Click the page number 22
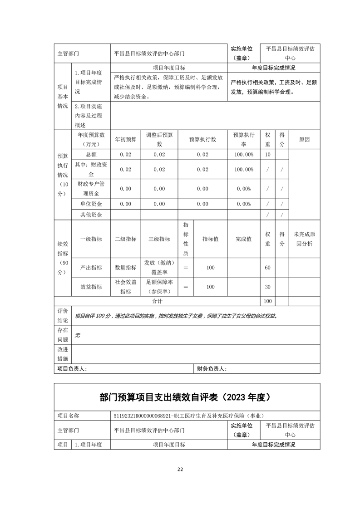(x=180, y=469)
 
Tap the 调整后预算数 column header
(x=159, y=139)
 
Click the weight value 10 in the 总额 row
(x=267, y=155)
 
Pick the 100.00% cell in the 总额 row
(x=244, y=155)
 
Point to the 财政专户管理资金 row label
(x=91, y=188)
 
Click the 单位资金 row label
(x=91, y=204)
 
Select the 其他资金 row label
(x=91, y=215)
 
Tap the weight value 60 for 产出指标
(x=267, y=268)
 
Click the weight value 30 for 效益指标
(x=267, y=287)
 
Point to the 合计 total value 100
(x=267, y=301)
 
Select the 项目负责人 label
(x=71, y=369)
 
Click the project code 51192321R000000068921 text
(x=147, y=416)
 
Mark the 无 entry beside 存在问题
(x=77, y=335)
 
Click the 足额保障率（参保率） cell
(x=159, y=287)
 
